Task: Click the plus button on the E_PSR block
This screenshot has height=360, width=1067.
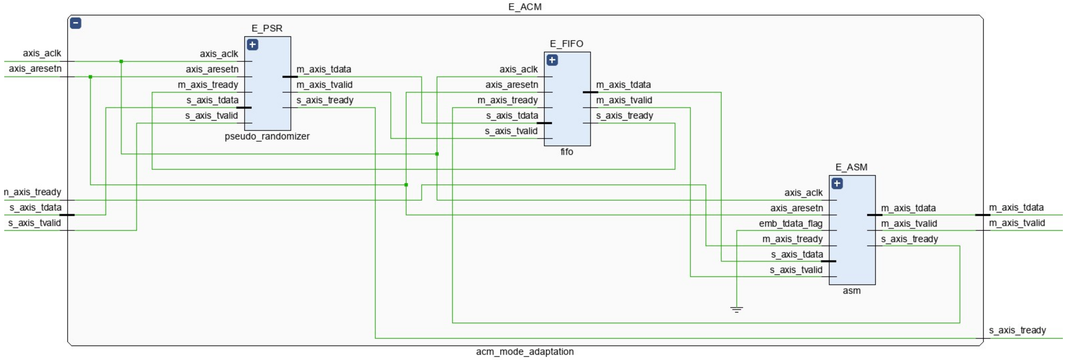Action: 252,44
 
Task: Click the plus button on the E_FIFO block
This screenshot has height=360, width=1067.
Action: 552,60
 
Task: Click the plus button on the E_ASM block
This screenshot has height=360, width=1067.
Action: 837,183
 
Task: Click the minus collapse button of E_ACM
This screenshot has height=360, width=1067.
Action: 75,23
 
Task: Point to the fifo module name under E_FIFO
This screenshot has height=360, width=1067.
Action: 567,152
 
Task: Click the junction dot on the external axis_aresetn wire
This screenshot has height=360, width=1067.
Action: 90,77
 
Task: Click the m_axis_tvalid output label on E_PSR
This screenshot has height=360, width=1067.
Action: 324,85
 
